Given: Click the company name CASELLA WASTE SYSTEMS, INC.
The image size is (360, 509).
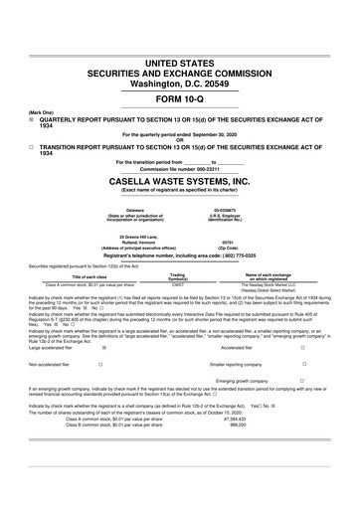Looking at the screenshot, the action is pyautogui.click(x=180, y=182).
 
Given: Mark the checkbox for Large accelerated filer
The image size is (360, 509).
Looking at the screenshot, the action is pyautogui.click(x=103, y=349).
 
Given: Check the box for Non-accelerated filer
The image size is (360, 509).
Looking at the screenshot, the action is pyautogui.click(x=103, y=364).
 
